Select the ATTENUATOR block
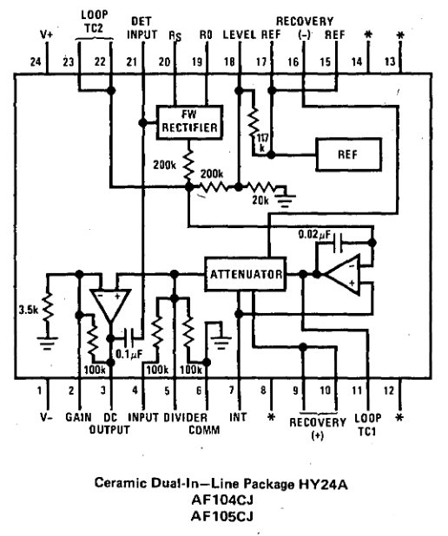pos(244,275)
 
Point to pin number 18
pos(229,62)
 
